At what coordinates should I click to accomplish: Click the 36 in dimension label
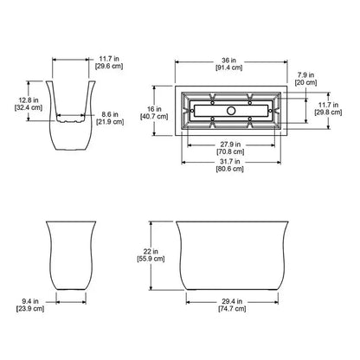click(x=228, y=61)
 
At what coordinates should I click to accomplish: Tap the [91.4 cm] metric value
click(x=229, y=67)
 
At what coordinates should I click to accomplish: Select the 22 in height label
click(x=151, y=252)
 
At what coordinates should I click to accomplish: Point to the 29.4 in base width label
click(x=232, y=301)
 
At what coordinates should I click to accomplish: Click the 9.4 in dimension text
click(x=30, y=301)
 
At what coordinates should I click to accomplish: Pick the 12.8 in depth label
click(x=29, y=100)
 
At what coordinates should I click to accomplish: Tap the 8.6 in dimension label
click(x=110, y=114)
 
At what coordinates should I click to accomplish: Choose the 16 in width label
click(x=154, y=109)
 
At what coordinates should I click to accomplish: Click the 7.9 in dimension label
click(x=305, y=75)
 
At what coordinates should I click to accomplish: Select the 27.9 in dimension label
click(x=230, y=145)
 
